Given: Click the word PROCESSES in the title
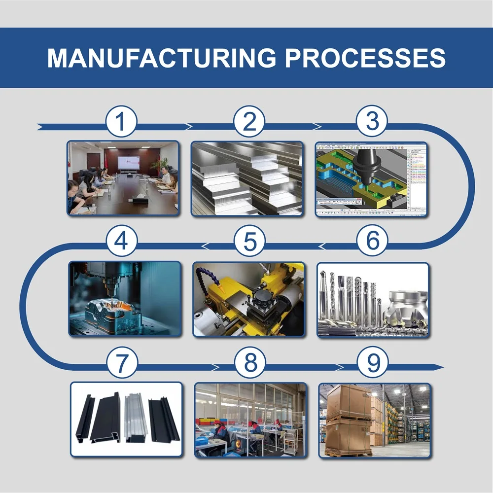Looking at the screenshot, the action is (x=365, y=58).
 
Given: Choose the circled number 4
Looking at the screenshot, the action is (x=122, y=242).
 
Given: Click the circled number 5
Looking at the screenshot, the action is (x=249, y=242).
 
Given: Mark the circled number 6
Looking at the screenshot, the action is (x=373, y=242).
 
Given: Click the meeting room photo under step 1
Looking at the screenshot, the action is (x=123, y=178).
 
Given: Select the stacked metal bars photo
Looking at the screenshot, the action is (x=247, y=178).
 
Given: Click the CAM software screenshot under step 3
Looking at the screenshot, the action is (x=372, y=178).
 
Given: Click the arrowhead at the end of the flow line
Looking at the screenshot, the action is (x=439, y=367).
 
